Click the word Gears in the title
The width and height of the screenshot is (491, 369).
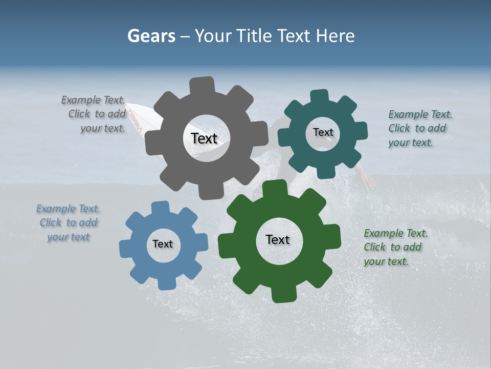[151, 36]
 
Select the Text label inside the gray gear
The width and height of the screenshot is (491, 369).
[204, 138]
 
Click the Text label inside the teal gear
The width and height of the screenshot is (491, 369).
[323, 132]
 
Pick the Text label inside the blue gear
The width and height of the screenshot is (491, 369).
[163, 244]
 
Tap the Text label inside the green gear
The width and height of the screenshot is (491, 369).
[278, 239]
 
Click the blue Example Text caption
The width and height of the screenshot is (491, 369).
[69, 222]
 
